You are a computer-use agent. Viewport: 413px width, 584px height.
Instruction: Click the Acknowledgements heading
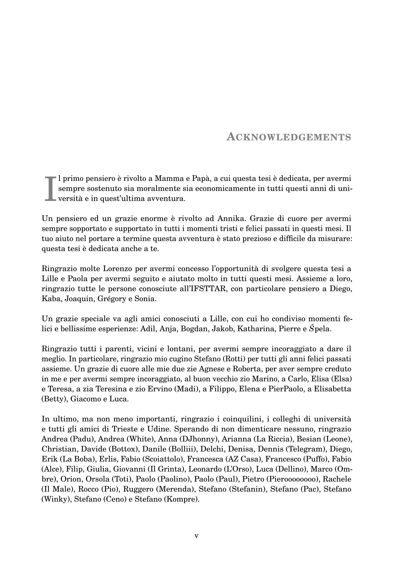point(289,137)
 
